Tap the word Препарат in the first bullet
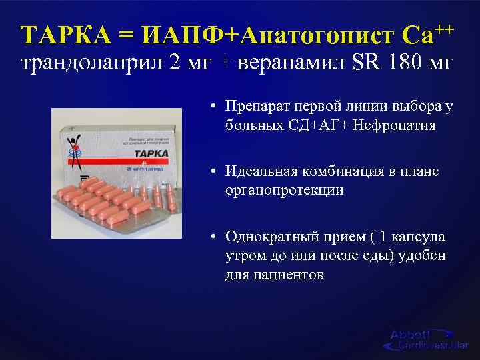(257, 107)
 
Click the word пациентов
(290, 274)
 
